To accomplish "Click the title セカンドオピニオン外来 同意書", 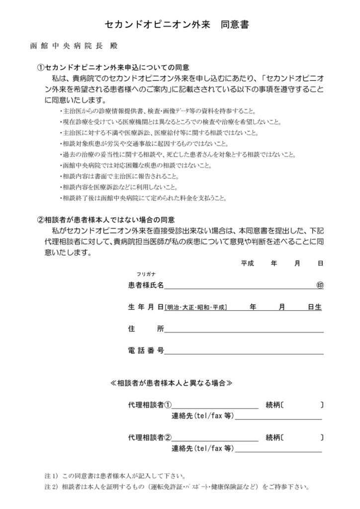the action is pos(180,24).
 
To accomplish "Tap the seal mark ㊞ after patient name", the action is pos(320,285).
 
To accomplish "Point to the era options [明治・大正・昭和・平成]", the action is pos(196,308).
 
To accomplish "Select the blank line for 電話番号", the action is pos(244,351).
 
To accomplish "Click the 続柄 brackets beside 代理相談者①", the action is pos(302,405).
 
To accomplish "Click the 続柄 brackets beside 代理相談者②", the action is pos(302,438).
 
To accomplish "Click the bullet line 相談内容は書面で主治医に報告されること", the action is pos(122,176).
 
